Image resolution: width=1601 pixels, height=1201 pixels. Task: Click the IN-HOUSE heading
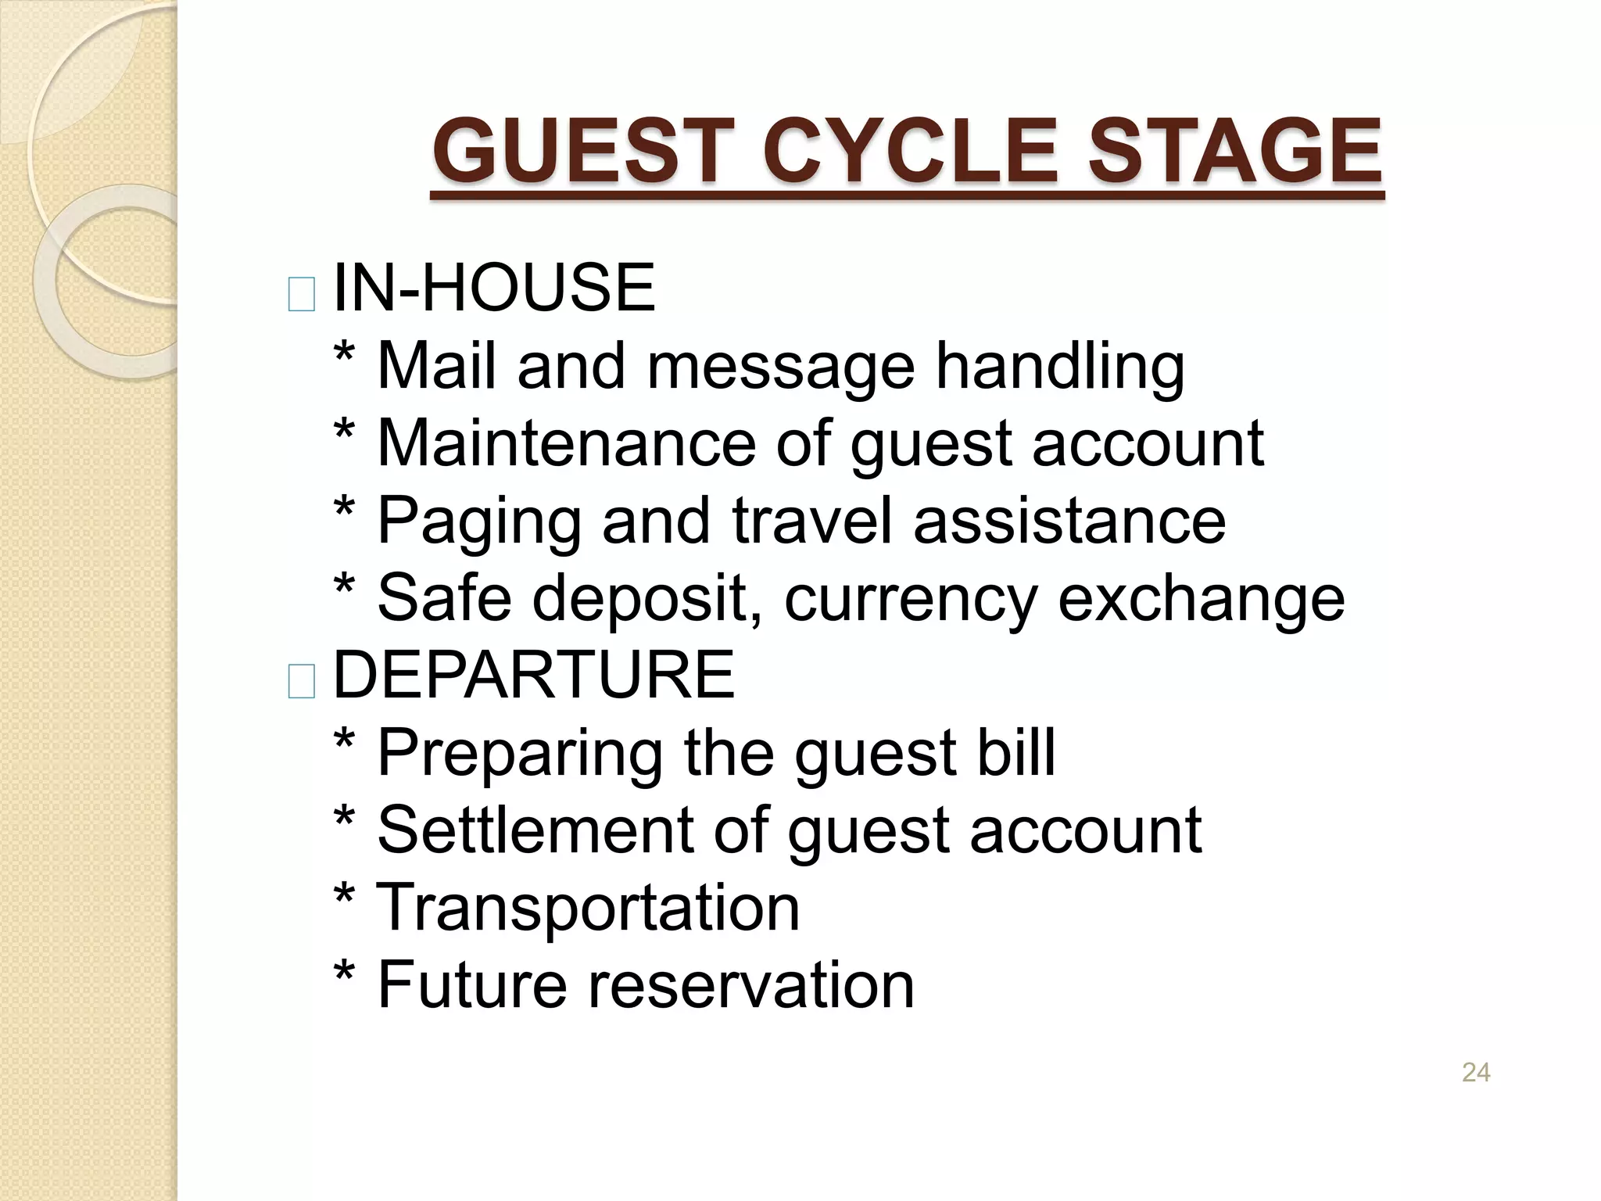494,289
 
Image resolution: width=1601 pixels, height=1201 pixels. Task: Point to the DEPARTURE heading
534,675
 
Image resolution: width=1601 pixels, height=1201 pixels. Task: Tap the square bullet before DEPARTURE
302,681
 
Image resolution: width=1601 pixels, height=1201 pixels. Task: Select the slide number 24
1475,1073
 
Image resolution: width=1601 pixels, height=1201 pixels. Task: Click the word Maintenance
566,443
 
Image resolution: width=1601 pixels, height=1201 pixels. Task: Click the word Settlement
535,829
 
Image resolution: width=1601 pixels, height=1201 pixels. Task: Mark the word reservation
750,984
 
